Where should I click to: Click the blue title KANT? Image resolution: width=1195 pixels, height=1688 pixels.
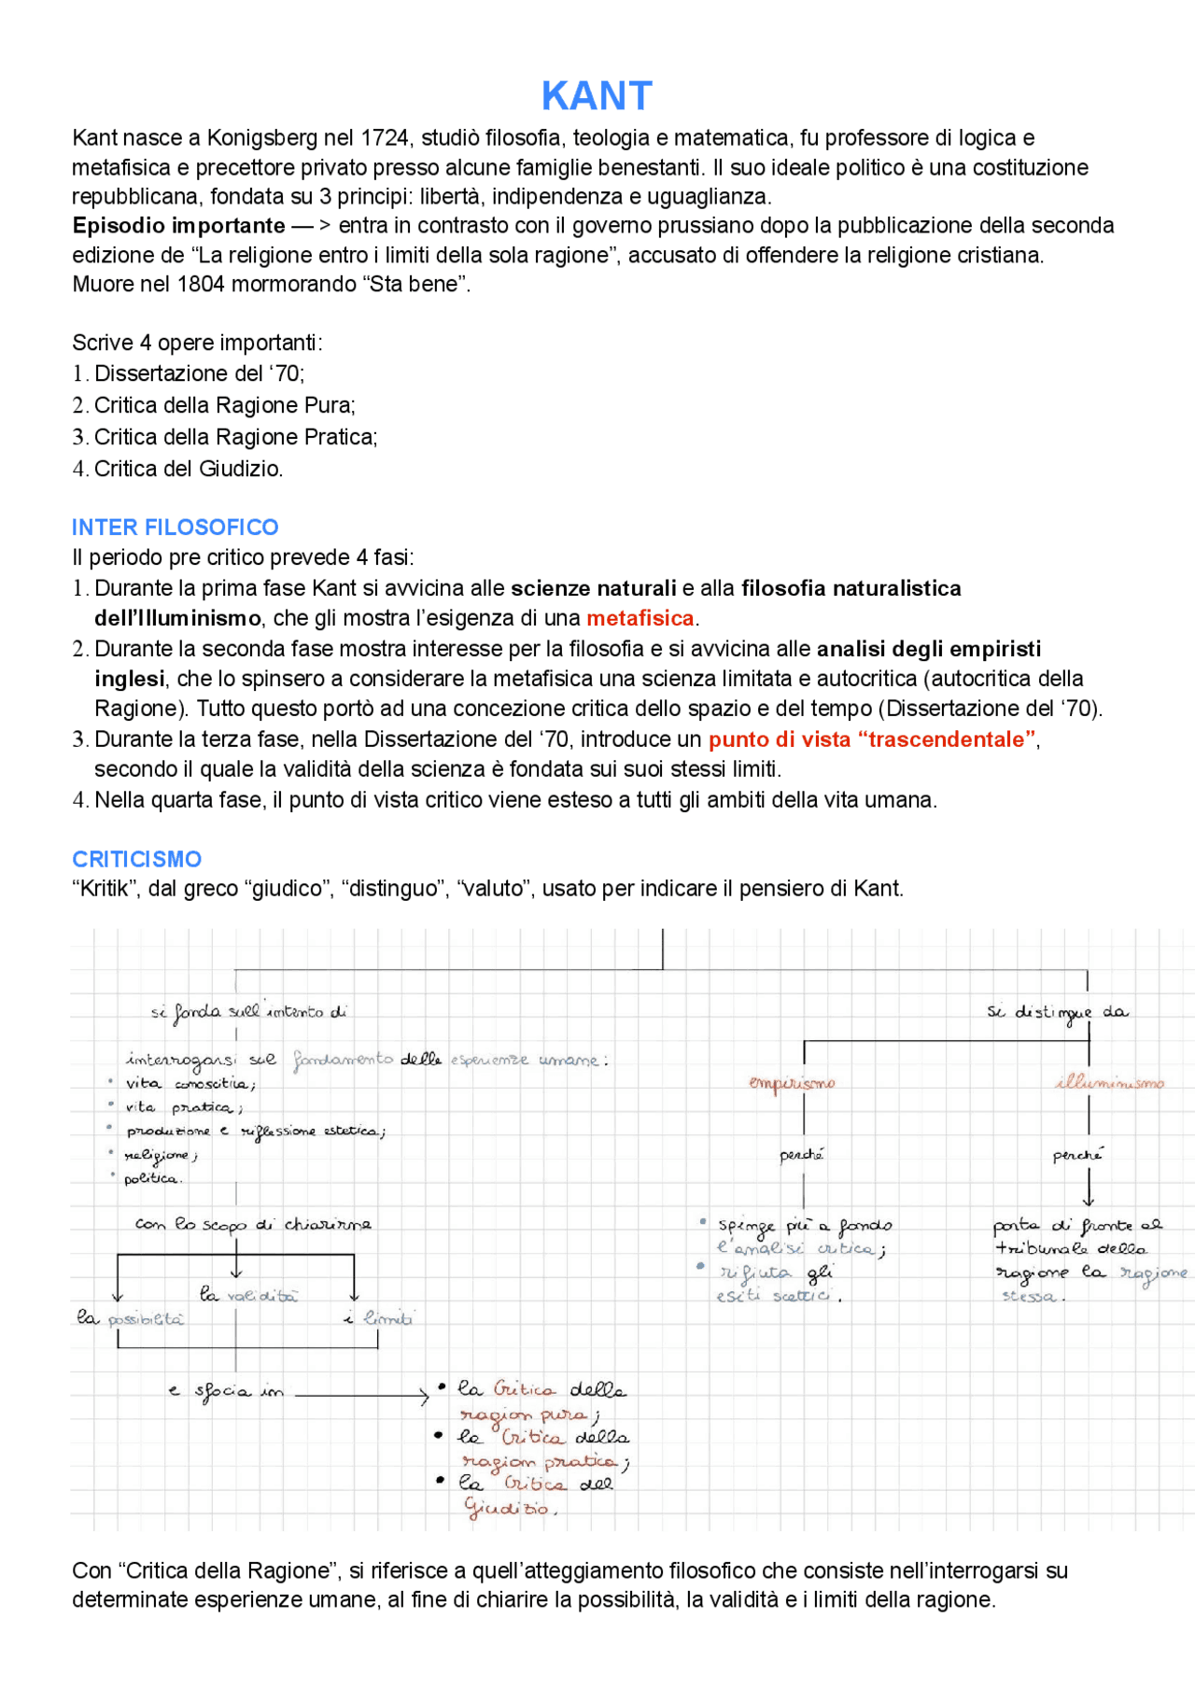pyautogui.click(x=597, y=96)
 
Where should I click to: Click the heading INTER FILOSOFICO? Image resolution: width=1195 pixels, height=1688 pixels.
pyautogui.click(x=175, y=527)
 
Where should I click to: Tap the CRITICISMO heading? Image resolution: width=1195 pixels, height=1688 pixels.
pyautogui.click(x=136, y=859)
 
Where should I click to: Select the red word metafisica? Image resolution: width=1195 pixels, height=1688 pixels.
pyautogui.click(x=640, y=618)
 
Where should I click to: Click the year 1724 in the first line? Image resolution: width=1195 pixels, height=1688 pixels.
pyautogui.click(x=385, y=138)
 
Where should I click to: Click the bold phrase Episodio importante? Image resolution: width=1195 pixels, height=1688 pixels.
pyautogui.click(x=178, y=226)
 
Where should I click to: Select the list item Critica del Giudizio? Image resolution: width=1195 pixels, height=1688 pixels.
pyautogui.click(x=188, y=469)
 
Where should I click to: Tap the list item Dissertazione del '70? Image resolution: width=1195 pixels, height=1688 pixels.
pyautogui.click(x=199, y=373)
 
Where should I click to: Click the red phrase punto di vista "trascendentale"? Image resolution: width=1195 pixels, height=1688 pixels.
pyautogui.click(x=872, y=739)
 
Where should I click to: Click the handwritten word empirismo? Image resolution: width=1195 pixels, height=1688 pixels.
pyautogui.click(x=792, y=1083)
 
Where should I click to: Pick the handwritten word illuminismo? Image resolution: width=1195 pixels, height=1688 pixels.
pyautogui.click(x=1110, y=1083)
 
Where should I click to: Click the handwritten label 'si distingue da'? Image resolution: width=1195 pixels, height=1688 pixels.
pyautogui.click(x=1057, y=1013)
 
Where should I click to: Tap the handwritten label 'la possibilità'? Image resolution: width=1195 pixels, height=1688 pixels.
pyautogui.click(x=131, y=1318)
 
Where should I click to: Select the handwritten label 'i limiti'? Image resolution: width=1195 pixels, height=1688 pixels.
pyautogui.click(x=379, y=1318)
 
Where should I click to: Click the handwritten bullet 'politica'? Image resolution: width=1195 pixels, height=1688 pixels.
pyautogui.click(x=152, y=1179)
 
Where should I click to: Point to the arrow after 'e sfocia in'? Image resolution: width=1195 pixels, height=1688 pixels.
pyautogui.click(x=361, y=1396)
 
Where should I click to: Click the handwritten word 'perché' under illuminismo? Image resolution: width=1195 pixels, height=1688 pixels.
pyautogui.click(x=1077, y=1156)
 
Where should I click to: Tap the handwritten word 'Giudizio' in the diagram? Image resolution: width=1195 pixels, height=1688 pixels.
pyautogui.click(x=510, y=1508)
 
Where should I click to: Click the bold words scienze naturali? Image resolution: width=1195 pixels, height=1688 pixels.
pyautogui.click(x=593, y=588)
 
